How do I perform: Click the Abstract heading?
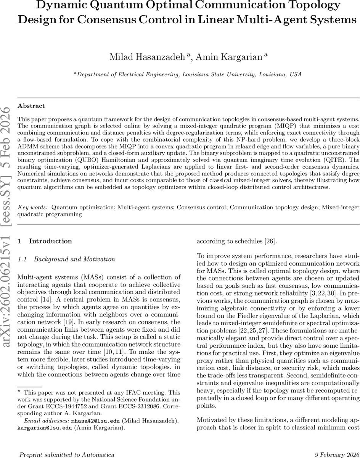tap(31, 106)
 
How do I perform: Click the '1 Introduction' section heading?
tap(45, 241)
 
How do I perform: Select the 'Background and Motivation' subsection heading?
tap(74, 259)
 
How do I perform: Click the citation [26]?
tap(269, 241)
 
